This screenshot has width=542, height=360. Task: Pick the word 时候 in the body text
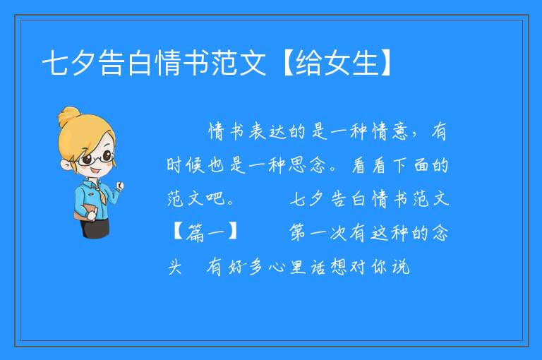coord(186,165)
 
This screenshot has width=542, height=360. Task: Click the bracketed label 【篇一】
coord(205,232)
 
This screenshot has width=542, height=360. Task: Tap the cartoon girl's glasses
coord(97,158)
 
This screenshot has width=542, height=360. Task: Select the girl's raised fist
coord(119,186)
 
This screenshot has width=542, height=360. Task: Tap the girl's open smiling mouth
coord(96,172)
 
